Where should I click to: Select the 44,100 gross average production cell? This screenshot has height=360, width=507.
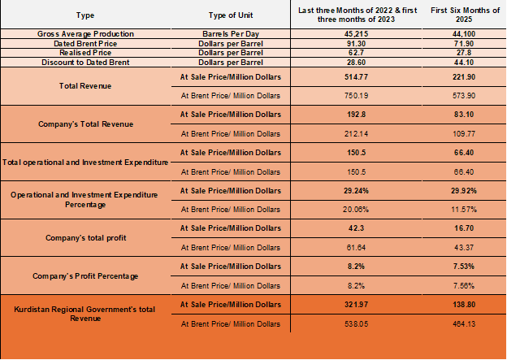[x=458, y=33]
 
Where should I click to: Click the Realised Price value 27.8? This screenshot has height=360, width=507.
[x=458, y=52]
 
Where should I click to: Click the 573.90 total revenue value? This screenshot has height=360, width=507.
[x=458, y=95]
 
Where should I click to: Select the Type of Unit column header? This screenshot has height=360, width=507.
[x=233, y=15]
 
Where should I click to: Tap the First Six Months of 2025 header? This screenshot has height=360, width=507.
[x=458, y=15]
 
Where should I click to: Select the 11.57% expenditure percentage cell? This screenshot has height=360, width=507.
[x=458, y=210]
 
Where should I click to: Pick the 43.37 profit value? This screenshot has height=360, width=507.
[x=458, y=247]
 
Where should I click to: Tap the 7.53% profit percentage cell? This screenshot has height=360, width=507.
[x=458, y=266]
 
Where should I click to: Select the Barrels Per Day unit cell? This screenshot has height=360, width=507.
[x=233, y=33]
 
